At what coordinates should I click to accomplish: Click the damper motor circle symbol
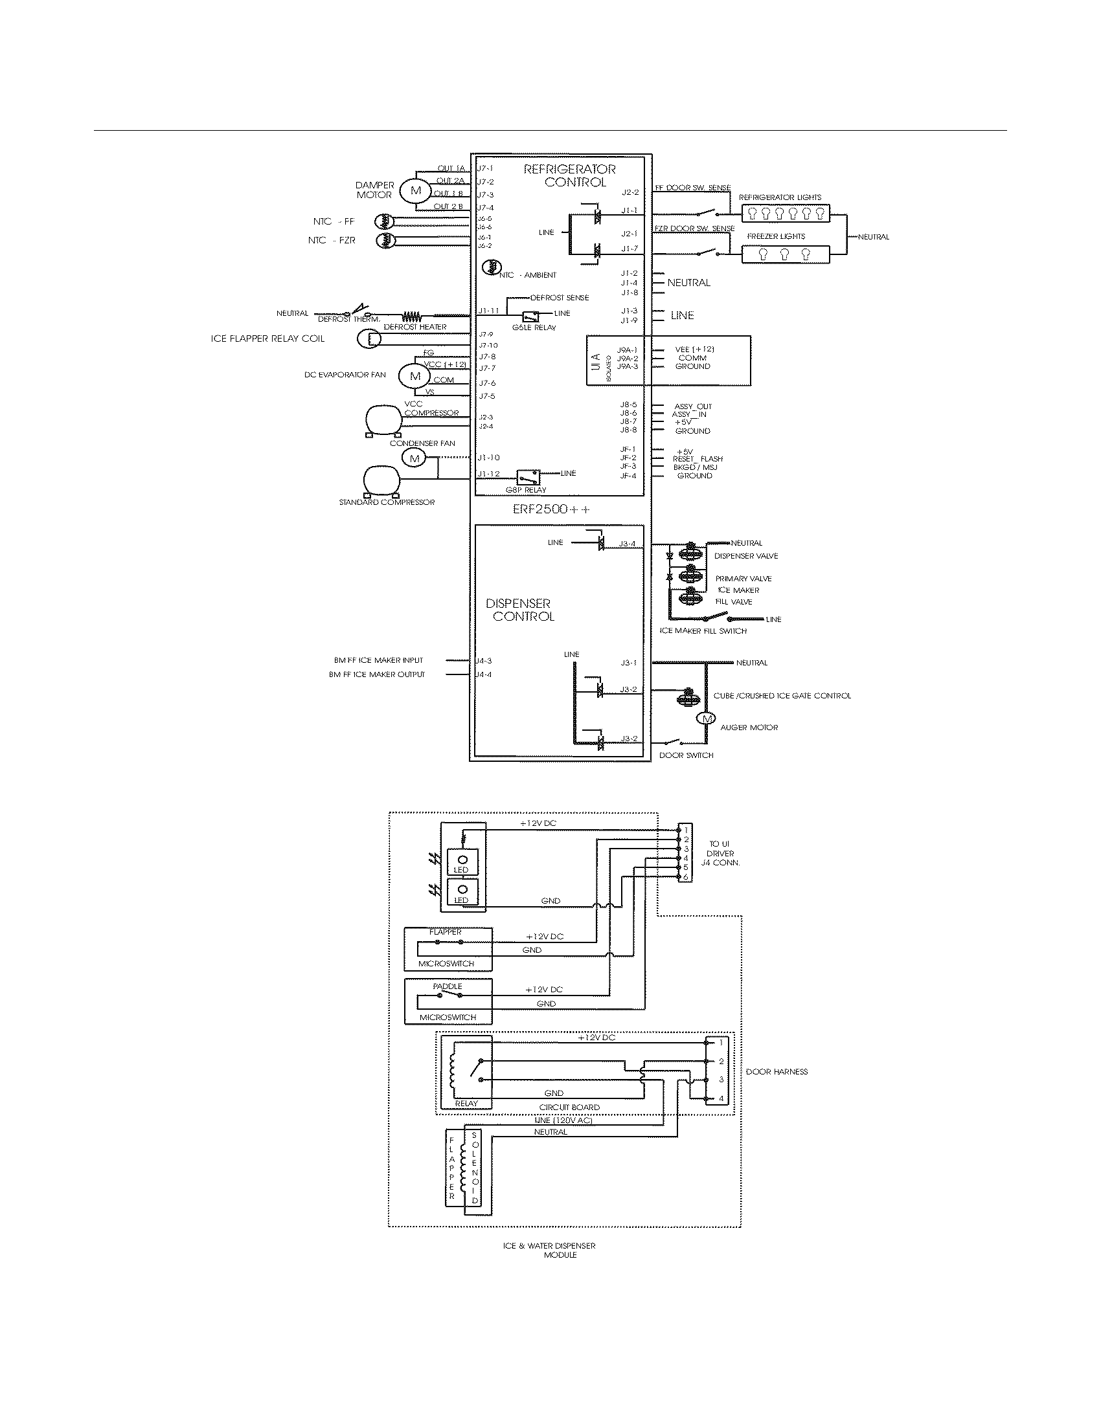(416, 190)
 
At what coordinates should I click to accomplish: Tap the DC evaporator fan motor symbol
(416, 375)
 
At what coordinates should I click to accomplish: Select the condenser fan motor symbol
(414, 458)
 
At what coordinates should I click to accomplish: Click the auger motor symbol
(706, 718)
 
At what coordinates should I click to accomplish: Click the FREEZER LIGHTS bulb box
(786, 254)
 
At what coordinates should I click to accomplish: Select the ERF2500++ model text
(550, 509)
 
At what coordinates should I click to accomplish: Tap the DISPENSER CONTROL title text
(521, 610)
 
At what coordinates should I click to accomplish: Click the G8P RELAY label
(526, 490)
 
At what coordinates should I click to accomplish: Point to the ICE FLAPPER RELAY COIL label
(267, 339)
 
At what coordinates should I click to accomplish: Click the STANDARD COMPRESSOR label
(386, 502)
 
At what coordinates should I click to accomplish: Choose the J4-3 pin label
(483, 660)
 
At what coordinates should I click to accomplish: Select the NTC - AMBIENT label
(530, 275)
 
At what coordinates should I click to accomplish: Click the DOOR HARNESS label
(777, 1071)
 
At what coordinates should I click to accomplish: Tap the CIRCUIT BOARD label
(569, 1107)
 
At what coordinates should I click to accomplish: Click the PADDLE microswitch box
(448, 1001)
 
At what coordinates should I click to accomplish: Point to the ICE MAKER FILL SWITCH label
(703, 630)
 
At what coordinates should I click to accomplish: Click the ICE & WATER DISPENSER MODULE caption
(549, 1250)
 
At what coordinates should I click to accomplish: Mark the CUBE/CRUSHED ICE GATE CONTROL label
(782, 696)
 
